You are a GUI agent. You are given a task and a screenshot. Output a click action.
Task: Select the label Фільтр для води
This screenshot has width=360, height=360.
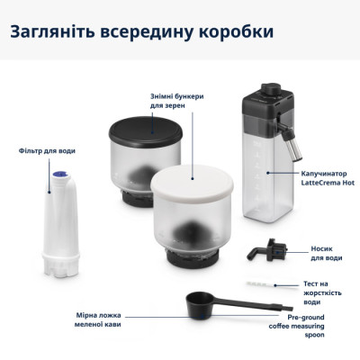point(40,151)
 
